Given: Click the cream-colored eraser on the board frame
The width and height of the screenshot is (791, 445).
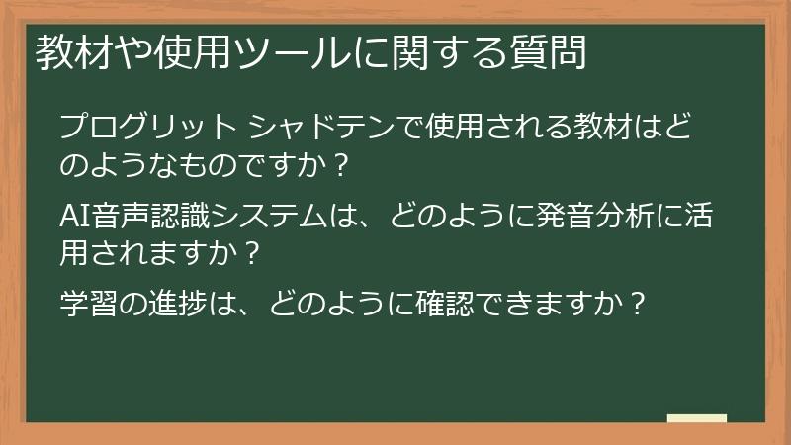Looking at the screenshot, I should tap(697, 419).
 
